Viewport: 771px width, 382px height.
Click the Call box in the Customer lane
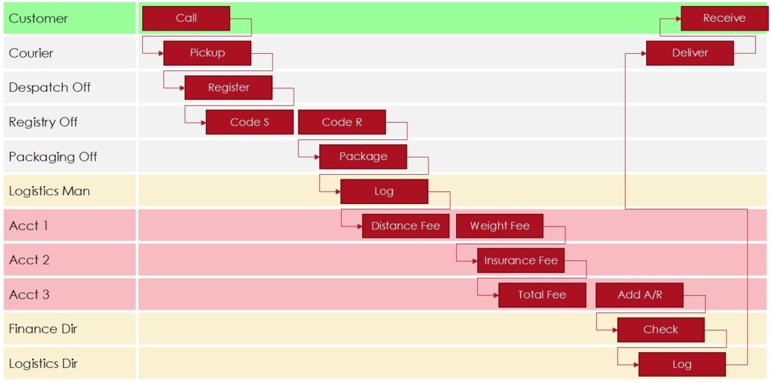[186, 19]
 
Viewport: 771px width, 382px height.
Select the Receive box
[724, 19]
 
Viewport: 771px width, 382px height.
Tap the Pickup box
[207, 53]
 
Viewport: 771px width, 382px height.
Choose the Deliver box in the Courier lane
[690, 53]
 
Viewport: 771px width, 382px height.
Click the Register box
[228, 88]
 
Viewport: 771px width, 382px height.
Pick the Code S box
[249, 122]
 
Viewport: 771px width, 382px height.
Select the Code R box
[342, 122]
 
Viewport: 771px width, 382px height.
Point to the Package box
[363, 157]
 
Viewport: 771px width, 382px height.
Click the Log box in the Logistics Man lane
[384, 191]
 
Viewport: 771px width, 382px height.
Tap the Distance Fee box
[405, 226]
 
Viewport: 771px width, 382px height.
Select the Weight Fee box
[499, 226]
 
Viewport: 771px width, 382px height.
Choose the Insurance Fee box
[520, 260]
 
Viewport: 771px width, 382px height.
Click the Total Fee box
[542, 295]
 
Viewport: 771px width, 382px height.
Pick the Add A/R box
[639, 295]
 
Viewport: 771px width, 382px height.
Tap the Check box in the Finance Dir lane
[661, 330]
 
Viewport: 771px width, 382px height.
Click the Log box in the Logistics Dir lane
[682, 364]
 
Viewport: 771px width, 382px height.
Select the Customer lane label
[39, 19]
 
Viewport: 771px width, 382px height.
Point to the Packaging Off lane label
[53, 157]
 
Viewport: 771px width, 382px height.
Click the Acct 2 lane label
[29, 260]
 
